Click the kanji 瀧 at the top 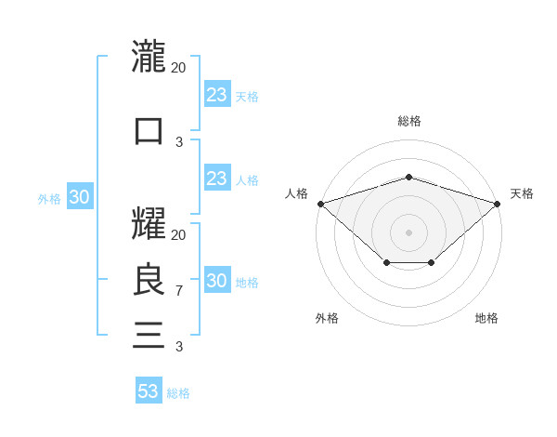coord(149,56)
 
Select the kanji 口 coord(149,130)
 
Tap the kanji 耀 coord(149,223)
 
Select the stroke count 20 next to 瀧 coord(179,67)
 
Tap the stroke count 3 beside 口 coord(179,141)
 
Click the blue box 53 coord(149,391)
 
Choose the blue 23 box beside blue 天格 coord(216,95)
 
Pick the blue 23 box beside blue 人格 coord(216,179)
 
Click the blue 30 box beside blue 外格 coord(79,197)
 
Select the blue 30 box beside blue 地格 coord(216,281)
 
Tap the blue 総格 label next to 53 coord(178,393)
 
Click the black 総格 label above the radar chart coord(408,121)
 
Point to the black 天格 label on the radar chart coord(522,193)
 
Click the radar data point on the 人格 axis coord(320,204)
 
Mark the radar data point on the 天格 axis coord(498,204)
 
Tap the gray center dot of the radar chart coord(408,232)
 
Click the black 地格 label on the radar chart coord(486,318)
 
